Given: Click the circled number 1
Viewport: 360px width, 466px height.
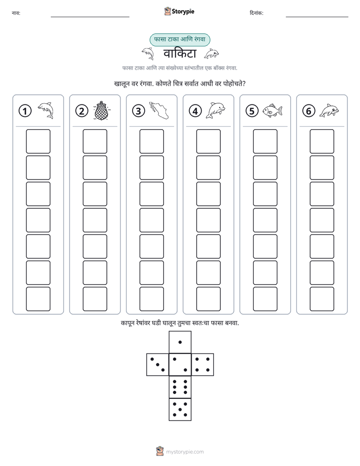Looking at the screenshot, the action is [x=25, y=111].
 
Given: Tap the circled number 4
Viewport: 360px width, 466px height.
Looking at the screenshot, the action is [x=195, y=111].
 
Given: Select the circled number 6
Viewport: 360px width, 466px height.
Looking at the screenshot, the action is [x=309, y=111].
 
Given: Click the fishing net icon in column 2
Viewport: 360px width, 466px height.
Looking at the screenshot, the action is [x=101, y=110].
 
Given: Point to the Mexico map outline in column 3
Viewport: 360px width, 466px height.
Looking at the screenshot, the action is [x=159, y=110].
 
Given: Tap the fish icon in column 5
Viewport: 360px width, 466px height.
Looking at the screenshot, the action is [x=272, y=110].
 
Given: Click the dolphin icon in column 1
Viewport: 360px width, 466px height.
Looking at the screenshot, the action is [x=46, y=110].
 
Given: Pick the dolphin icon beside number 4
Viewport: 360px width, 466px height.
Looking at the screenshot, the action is [x=215, y=110].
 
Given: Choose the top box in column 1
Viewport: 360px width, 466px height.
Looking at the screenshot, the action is [x=38, y=141].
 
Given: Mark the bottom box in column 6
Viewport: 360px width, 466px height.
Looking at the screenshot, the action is [x=322, y=299].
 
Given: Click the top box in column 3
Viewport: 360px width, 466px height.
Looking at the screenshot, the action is [x=151, y=141].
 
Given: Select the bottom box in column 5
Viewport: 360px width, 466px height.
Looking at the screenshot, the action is [x=265, y=299].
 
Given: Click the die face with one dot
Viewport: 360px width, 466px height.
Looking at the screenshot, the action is [x=180, y=342].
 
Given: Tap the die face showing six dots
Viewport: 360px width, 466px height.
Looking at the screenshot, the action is [x=180, y=387].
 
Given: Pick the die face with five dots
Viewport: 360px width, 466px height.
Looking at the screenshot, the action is [x=180, y=410].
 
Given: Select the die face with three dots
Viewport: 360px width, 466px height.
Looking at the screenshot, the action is [x=158, y=365].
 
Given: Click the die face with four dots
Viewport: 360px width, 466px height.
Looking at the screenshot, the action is [x=203, y=365].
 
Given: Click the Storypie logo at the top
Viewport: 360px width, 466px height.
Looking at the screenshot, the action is [x=179, y=12].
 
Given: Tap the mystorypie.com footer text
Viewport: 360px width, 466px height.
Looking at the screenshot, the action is [x=185, y=452].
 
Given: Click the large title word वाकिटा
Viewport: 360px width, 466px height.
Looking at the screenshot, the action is [x=179, y=53].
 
